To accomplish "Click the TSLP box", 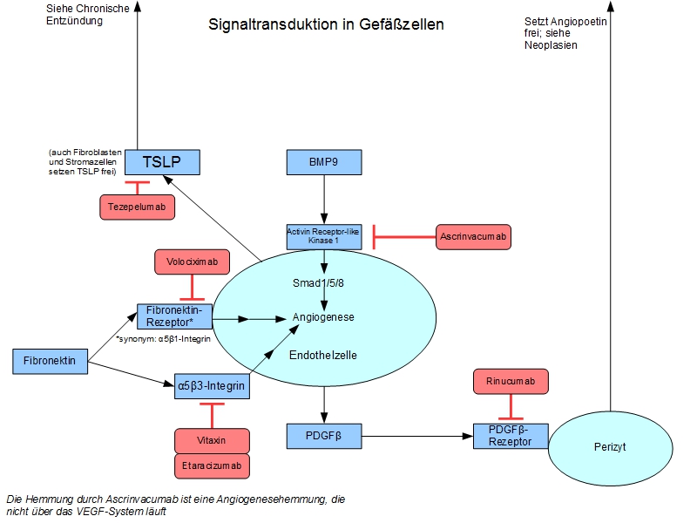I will pos(162,161).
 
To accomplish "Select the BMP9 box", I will pos(324,162).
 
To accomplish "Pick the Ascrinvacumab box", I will pos(473,235).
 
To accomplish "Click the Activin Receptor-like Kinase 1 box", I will pos(324,235).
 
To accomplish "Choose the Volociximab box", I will pos(192,261).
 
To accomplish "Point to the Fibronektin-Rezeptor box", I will pos(174,316).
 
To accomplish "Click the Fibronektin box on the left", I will pos(51,360).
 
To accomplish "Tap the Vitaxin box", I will pos(212,441).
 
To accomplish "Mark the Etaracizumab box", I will pos(212,466).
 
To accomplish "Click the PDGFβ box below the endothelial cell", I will pos(324,435).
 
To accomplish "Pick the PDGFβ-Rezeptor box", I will pos(510,435).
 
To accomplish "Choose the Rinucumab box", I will pos(510,381).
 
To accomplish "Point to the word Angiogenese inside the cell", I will pos(323,317).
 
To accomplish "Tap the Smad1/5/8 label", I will pos(323,283).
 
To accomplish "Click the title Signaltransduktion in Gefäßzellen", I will pos(326,24).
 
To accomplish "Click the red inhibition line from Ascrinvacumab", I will pos(404,235).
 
